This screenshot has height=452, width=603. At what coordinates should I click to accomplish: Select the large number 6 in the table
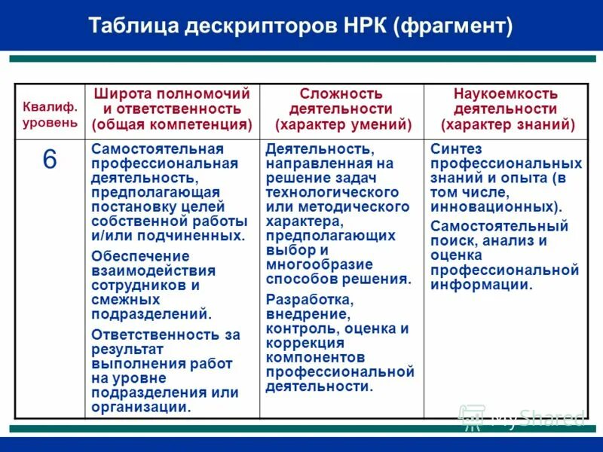pyautogui.click(x=50, y=159)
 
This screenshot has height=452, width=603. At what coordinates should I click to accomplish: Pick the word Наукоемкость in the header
pyautogui.click(x=506, y=94)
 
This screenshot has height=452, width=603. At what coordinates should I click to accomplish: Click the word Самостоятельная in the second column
pyautogui.click(x=158, y=148)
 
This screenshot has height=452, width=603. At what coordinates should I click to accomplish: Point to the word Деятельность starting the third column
pyautogui.click(x=318, y=148)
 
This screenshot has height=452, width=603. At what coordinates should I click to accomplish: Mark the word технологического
pyautogui.click(x=332, y=192)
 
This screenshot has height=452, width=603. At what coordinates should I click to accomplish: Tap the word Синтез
pyautogui.click(x=456, y=148)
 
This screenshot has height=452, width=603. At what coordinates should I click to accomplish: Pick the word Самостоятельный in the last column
pyautogui.click(x=499, y=226)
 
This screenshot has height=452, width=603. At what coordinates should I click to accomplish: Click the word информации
pyautogui.click(x=479, y=284)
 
